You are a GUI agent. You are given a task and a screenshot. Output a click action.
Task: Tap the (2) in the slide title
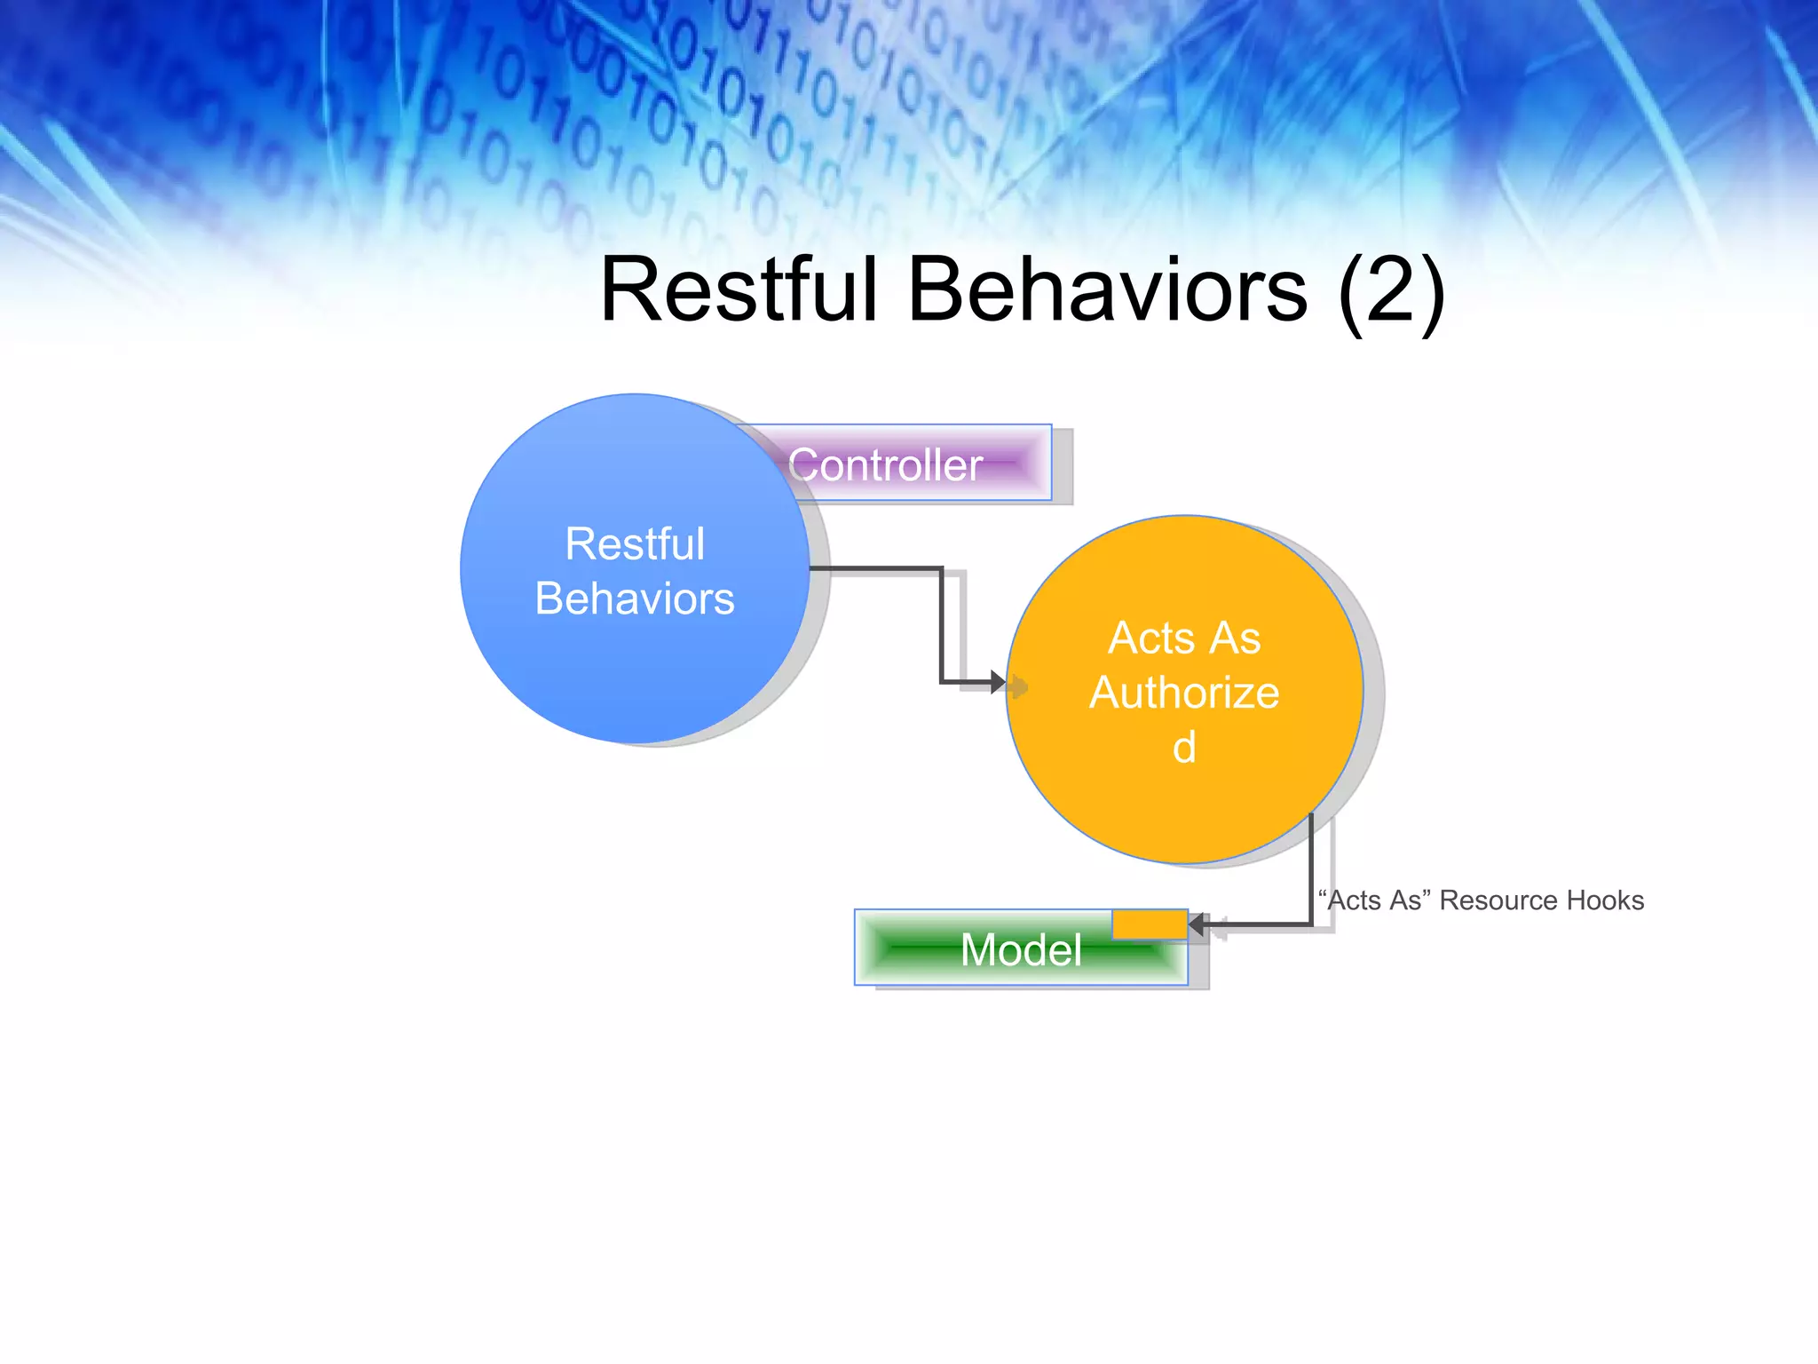pyautogui.click(x=1391, y=290)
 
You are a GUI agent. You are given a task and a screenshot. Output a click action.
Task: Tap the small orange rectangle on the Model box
pyautogui.click(x=1150, y=924)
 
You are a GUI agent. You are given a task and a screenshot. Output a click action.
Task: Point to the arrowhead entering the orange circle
pyautogui.click(x=998, y=683)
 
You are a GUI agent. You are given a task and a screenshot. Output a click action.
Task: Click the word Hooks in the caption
pyautogui.click(x=1605, y=900)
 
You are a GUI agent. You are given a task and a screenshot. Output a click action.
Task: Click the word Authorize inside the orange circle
pyautogui.click(x=1184, y=693)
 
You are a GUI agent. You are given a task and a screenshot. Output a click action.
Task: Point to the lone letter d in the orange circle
pyautogui.click(x=1184, y=748)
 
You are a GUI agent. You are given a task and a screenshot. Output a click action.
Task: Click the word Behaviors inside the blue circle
pyautogui.click(x=635, y=599)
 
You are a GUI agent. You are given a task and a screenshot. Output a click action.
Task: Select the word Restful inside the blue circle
pyautogui.click(x=635, y=543)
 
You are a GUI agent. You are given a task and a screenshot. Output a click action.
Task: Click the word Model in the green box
pyautogui.click(x=1021, y=950)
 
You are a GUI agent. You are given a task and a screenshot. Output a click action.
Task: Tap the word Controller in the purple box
pyautogui.click(x=885, y=465)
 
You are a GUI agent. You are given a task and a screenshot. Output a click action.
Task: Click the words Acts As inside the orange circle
pyautogui.click(x=1184, y=638)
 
